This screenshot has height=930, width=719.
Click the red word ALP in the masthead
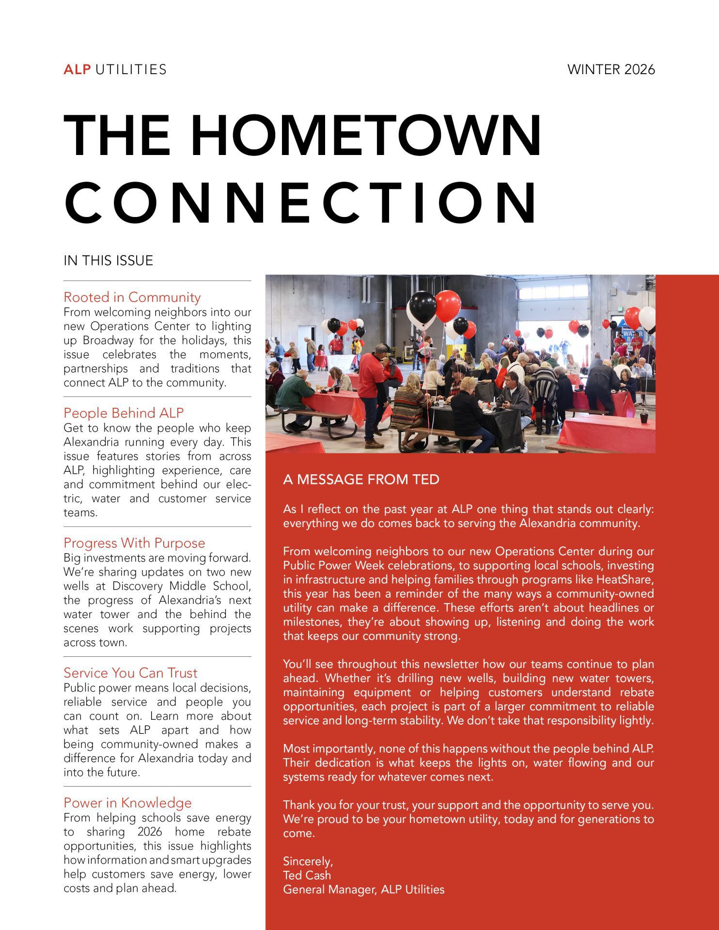coord(77,70)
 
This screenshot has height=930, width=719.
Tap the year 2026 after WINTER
coord(639,70)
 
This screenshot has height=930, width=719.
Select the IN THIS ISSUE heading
coord(108,261)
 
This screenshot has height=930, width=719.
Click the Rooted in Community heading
coord(132,297)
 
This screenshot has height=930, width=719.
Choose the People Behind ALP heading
coord(124,413)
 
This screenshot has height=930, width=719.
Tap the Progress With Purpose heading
coord(134,542)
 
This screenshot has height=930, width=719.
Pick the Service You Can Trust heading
coord(130,672)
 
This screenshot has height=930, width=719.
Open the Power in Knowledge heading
coord(127,803)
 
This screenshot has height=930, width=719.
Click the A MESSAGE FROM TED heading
coord(361,480)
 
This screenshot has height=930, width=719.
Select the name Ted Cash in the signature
coord(307,875)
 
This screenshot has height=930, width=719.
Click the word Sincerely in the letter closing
coord(308,861)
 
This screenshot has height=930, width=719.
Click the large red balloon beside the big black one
coord(447,306)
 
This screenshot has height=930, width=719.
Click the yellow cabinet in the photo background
coord(457,352)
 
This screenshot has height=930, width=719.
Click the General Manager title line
coord(363,889)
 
